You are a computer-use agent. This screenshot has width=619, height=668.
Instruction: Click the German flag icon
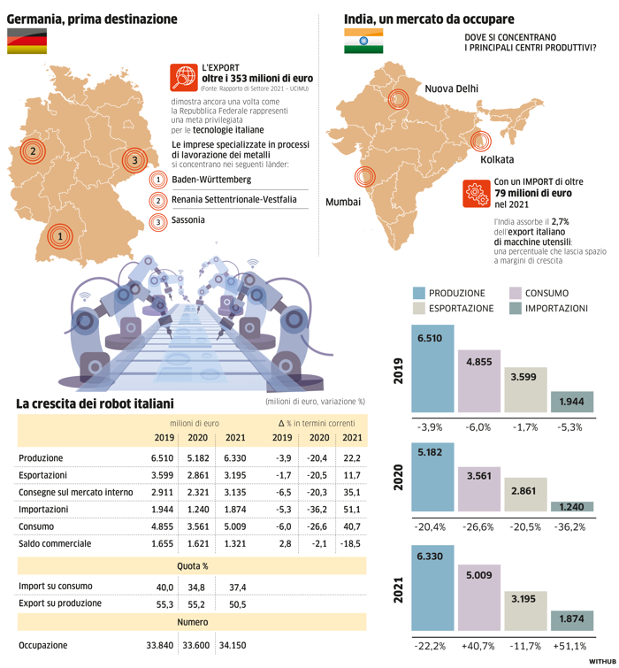coord(27,41)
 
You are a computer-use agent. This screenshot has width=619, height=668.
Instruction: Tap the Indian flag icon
coord(363,41)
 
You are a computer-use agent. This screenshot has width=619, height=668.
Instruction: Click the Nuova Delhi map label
coord(451,89)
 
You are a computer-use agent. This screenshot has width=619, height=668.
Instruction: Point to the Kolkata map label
coord(496,161)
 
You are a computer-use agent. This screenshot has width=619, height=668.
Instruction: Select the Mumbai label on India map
coord(344,203)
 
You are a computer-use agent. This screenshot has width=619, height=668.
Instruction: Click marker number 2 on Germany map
coord(32,151)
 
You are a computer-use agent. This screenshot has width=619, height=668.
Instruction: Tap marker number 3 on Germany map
coord(134,160)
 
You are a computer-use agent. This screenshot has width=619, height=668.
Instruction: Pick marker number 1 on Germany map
coord(59,236)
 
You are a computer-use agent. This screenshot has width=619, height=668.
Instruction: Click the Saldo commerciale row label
coord(55,543)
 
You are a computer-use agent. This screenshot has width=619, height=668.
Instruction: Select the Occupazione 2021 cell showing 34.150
coord(232,645)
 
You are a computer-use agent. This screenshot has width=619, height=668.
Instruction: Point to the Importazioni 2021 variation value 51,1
coord(352,509)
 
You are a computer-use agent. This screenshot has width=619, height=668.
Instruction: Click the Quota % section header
coord(192,565)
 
